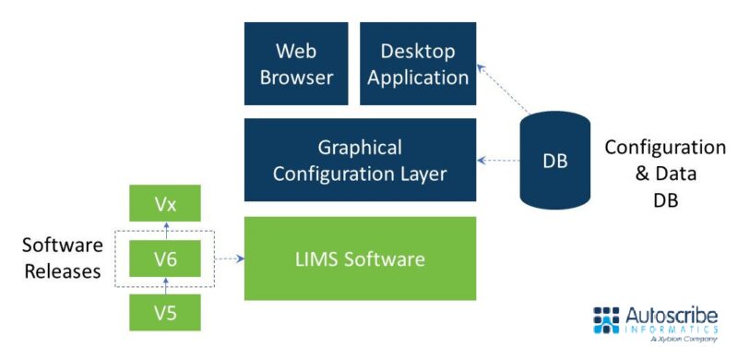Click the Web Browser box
click(x=296, y=63)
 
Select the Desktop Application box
click(x=418, y=63)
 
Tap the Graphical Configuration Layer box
click(x=360, y=160)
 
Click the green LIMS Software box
click(x=360, y=258)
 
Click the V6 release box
click(x=165, y=259)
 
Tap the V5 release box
click(x=165, y=314)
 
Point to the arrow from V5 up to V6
click(x=165, y=287)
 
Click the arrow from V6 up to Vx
click(x=165, y=231)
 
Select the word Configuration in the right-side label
click(x=664, y=148)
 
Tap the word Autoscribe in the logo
click(x=673, y=314)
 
